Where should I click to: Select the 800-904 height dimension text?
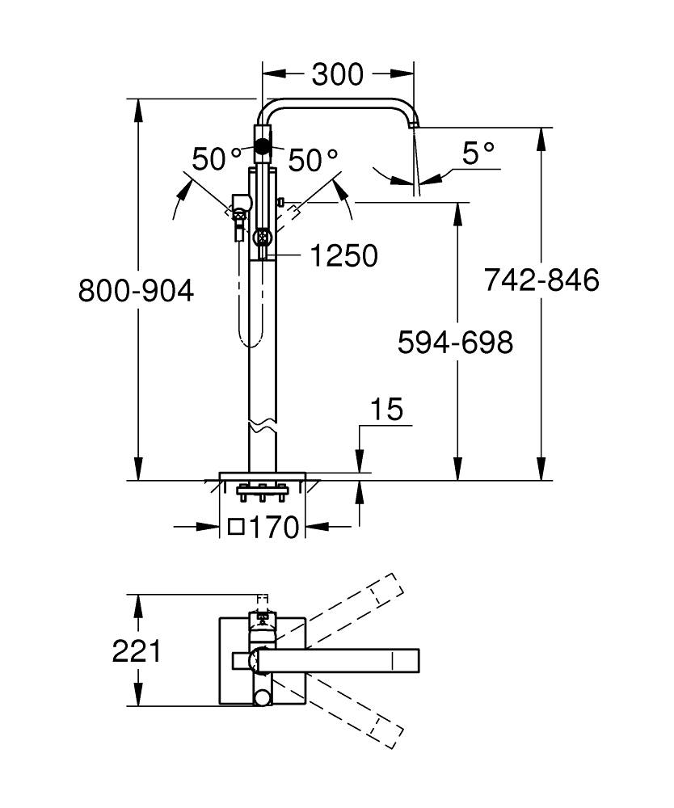click(136, 290)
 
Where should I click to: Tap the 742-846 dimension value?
click(541, 280)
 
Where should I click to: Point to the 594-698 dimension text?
click(455, 343)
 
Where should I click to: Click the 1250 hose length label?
click(343, 256)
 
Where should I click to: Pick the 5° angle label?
click(478, 152)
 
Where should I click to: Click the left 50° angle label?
click(217, 159)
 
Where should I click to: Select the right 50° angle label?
click(313, 159)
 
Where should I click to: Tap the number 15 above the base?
click(387, 410)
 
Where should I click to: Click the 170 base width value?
click(274, 528)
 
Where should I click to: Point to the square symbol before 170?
click(236, 528)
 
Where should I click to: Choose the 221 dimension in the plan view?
click(136, 650)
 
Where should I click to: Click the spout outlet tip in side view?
click(415, 124)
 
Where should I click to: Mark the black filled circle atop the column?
click(262, 146)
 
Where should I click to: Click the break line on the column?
click(262, 426)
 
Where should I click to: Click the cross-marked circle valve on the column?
click(262, 238)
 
